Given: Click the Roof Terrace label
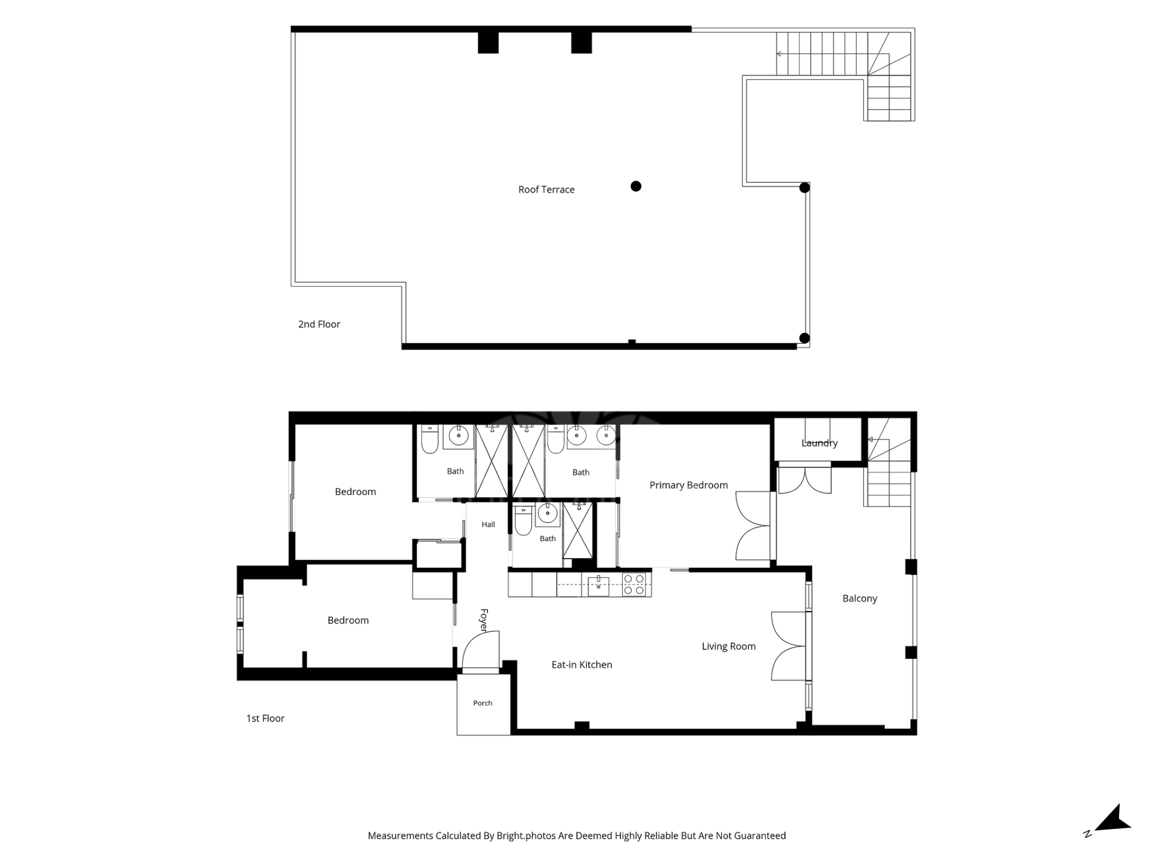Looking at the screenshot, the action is coord(546,190).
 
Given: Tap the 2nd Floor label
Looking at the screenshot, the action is coord(319,324).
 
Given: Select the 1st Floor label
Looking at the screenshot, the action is coord(265,718).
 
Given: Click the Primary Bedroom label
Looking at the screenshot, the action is coord(689,485).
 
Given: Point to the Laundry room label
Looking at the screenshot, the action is coord(819,443).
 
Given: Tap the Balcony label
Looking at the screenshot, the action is coord(859,599).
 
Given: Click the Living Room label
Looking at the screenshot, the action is coord(728,647).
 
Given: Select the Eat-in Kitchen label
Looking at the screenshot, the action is coord(582,665).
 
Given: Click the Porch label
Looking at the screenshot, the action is coord(483,703).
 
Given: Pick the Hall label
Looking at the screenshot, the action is coord(488,524).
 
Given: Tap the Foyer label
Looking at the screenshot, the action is coord(484,620).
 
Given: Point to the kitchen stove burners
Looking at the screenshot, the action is coord(634,584).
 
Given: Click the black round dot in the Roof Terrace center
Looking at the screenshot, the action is coord(636,186).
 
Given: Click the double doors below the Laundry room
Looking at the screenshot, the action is coord(805,480).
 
